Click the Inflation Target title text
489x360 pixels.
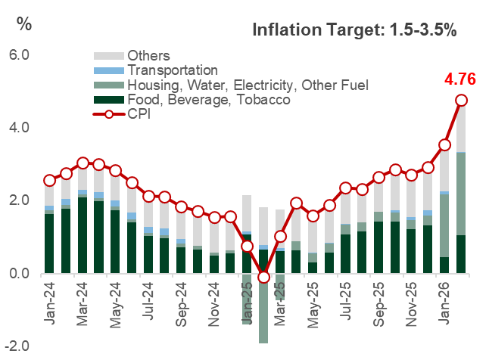click(x=354, y=31)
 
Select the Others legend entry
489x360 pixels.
click(x=148, y=56)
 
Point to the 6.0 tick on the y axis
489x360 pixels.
click(x=18, y=56)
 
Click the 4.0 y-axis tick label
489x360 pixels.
click(x=18, y=128)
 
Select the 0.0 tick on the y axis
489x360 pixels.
click(x=18, y=275)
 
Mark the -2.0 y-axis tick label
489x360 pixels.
click(x=16, y=346)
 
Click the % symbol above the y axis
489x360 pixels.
click(x=24, y=23)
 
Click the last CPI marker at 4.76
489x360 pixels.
click(x=461, y=101)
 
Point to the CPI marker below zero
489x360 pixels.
click(x=263, y=278)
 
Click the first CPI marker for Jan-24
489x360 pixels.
click(x=50, y=181)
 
